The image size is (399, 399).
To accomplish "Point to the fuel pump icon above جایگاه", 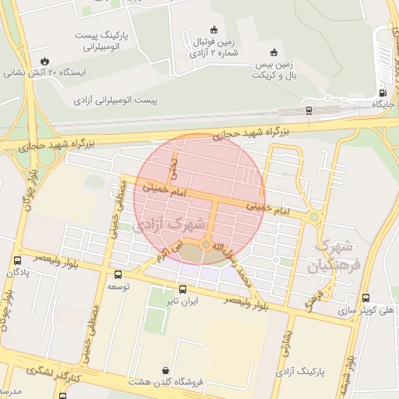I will pos(382,92).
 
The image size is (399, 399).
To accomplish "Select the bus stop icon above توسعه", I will pos(118,274).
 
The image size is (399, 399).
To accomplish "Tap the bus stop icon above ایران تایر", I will pos(183,289).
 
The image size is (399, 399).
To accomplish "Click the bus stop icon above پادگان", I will pos(17,260).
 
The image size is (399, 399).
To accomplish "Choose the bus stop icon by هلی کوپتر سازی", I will pos(365,298).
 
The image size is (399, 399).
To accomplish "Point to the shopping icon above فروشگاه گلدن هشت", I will pos(165,370).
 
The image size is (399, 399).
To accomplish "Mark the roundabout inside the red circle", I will pos(206,245).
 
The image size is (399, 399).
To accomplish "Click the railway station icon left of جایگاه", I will pos(309,110).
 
